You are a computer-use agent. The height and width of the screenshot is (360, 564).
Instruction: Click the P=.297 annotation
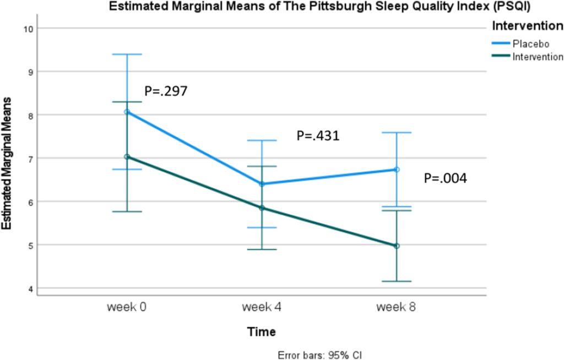[166, 91]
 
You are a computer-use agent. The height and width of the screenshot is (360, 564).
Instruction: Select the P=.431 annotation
[318, 135]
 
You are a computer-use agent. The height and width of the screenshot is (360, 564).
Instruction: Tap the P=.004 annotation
[445, 178]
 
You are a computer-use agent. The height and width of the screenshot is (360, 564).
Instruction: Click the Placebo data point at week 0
[127, 112]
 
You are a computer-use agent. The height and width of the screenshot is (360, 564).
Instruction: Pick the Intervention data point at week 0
[127, 157]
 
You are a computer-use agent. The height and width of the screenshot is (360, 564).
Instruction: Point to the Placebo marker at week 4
[262, 184]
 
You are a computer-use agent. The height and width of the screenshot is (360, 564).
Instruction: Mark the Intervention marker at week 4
[262, 208]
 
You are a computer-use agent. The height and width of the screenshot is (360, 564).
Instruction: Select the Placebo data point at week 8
[397, 170]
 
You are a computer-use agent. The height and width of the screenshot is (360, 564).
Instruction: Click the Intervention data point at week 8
[397, 246]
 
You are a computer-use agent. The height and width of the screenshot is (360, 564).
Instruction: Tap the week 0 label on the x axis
[127, 307]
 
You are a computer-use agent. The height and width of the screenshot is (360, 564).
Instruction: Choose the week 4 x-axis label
[262, 307]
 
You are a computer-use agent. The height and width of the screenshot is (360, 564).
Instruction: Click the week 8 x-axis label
[396, 307]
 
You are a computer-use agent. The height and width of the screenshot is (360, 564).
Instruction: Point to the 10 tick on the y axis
[29, 29]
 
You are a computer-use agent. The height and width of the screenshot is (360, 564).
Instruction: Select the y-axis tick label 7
[31, 159]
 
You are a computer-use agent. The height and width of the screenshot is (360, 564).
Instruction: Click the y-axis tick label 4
[31, 289]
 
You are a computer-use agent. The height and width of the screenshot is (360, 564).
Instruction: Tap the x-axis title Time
[262, 331]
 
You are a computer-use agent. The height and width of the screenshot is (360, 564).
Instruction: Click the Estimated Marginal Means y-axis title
[7, 163]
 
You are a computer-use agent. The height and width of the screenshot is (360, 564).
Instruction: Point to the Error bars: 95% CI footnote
[320, 356]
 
